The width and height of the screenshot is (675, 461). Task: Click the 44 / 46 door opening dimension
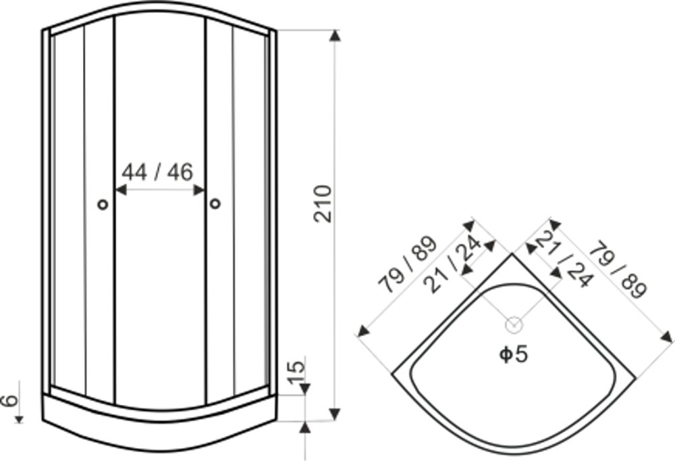click(157, 172)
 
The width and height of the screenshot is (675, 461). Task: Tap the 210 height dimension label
click(323, 203)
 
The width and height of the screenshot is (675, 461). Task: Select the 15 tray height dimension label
click(296, 372)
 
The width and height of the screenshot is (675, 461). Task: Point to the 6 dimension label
click(9, 400)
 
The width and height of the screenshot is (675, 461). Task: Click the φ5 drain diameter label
click(513, 354)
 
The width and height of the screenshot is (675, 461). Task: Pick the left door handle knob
click(103, 204)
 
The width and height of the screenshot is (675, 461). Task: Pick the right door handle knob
click(215, 203)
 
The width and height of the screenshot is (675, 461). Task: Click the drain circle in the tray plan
click(514, 325)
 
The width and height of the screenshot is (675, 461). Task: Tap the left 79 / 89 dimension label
click(407, 264)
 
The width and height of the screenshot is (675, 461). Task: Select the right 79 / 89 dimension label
click(618, 270)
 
